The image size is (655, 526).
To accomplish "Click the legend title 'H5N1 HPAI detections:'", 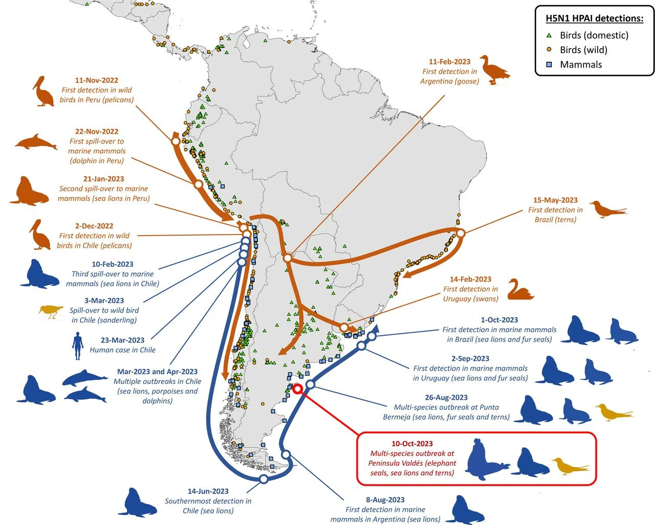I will coord(594,18).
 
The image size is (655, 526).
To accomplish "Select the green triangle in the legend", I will coord(549,35).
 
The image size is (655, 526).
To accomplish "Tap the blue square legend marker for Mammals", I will coord(549,65).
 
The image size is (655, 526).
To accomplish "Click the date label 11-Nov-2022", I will coord(96,80).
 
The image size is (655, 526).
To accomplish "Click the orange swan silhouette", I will coord(520,290).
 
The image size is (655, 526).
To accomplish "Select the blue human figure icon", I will coord(78,346).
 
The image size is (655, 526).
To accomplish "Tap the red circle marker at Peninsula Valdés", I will coord(297,390).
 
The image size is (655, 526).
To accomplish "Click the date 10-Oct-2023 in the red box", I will coord(412,444).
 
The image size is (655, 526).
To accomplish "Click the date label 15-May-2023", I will coord(555,200).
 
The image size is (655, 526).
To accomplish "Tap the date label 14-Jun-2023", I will coord(208,491).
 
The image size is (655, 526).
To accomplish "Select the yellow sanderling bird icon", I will coord(51,311).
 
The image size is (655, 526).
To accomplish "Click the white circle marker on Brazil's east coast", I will coord(460,233).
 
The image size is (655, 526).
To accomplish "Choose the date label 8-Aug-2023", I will coord(385,500).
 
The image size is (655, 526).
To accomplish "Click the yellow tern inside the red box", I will coord(570,466).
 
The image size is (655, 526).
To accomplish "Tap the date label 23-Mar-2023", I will coord(122,340).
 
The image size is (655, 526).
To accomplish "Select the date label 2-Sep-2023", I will coord(470,358).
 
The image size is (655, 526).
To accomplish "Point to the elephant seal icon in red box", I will coord(487,460).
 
